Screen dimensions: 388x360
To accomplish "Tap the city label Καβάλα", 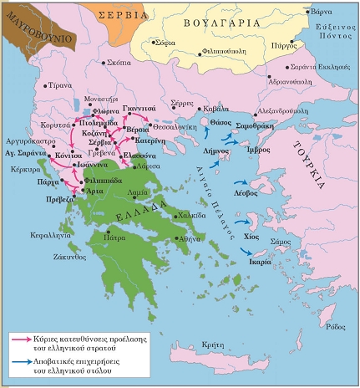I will [214, 110].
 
